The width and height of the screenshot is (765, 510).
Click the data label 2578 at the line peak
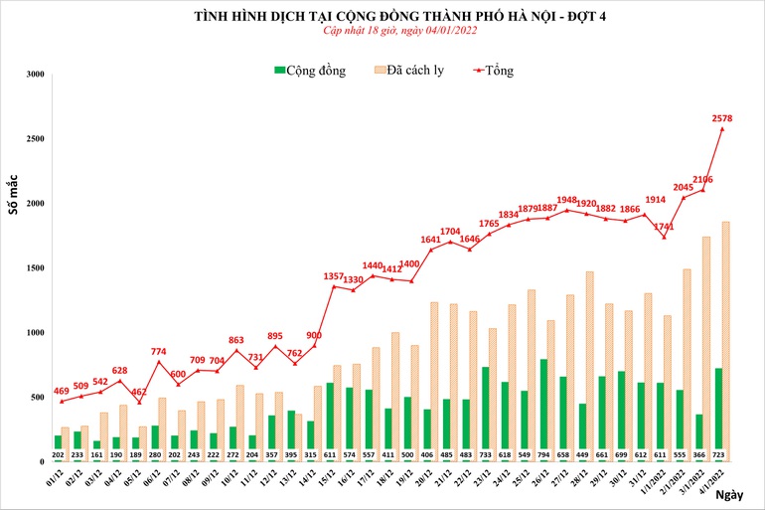[722, 118]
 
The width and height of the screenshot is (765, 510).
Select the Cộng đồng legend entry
[310, 71]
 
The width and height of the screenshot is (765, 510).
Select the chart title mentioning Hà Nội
[382, 15]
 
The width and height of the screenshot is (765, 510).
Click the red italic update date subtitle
[382, 31]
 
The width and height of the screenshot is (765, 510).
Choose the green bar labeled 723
[717, 415]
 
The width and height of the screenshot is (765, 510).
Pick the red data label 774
[159, 351]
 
